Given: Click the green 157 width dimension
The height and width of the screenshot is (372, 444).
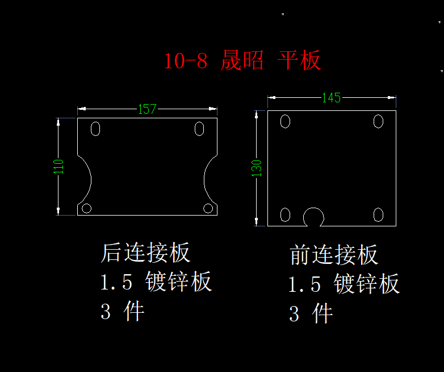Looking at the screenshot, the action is click(x=147, y=109).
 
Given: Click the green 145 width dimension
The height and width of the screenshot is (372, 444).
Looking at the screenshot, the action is click(x=332, y=98).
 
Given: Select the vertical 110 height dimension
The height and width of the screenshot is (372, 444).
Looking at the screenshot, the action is click(x=58, y=167).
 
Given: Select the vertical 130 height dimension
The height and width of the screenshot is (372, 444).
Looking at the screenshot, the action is click(x=257, y=168).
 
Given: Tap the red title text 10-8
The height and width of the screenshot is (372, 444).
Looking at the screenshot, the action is click(x=186, y=61).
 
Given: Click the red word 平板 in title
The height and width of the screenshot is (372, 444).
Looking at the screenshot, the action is click(x=299, y=60).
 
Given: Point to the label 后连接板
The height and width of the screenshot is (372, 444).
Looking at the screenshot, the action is click(x=145, y=252).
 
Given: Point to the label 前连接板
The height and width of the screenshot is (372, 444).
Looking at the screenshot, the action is click(x=333, y=255).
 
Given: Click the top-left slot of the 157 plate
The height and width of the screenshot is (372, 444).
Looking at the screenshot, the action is click(x=95, y=129).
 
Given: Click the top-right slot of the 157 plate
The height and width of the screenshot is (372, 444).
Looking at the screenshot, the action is click(x=199, y=129).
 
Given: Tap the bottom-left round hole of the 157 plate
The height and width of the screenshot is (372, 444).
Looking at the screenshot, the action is click(x=87, y=208).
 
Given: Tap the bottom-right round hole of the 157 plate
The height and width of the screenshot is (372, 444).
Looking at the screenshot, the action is click(x=208, y=208).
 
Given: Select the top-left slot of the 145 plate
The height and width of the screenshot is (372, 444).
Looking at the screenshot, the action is click(x=285, y=122).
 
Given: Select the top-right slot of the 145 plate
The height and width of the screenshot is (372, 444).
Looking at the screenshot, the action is click(x=378, y=122).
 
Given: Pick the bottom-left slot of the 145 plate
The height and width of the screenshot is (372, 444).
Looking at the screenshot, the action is click(x=285, y=215).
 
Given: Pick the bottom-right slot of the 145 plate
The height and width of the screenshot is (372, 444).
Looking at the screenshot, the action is click(x=378, y=215).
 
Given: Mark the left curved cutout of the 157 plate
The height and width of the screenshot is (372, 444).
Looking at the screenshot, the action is click(x=85, y=180).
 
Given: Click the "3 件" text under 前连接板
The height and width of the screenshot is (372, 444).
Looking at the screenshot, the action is click(x=311, y=313).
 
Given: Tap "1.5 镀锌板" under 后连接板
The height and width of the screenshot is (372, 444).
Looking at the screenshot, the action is click(x=156, y=281).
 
